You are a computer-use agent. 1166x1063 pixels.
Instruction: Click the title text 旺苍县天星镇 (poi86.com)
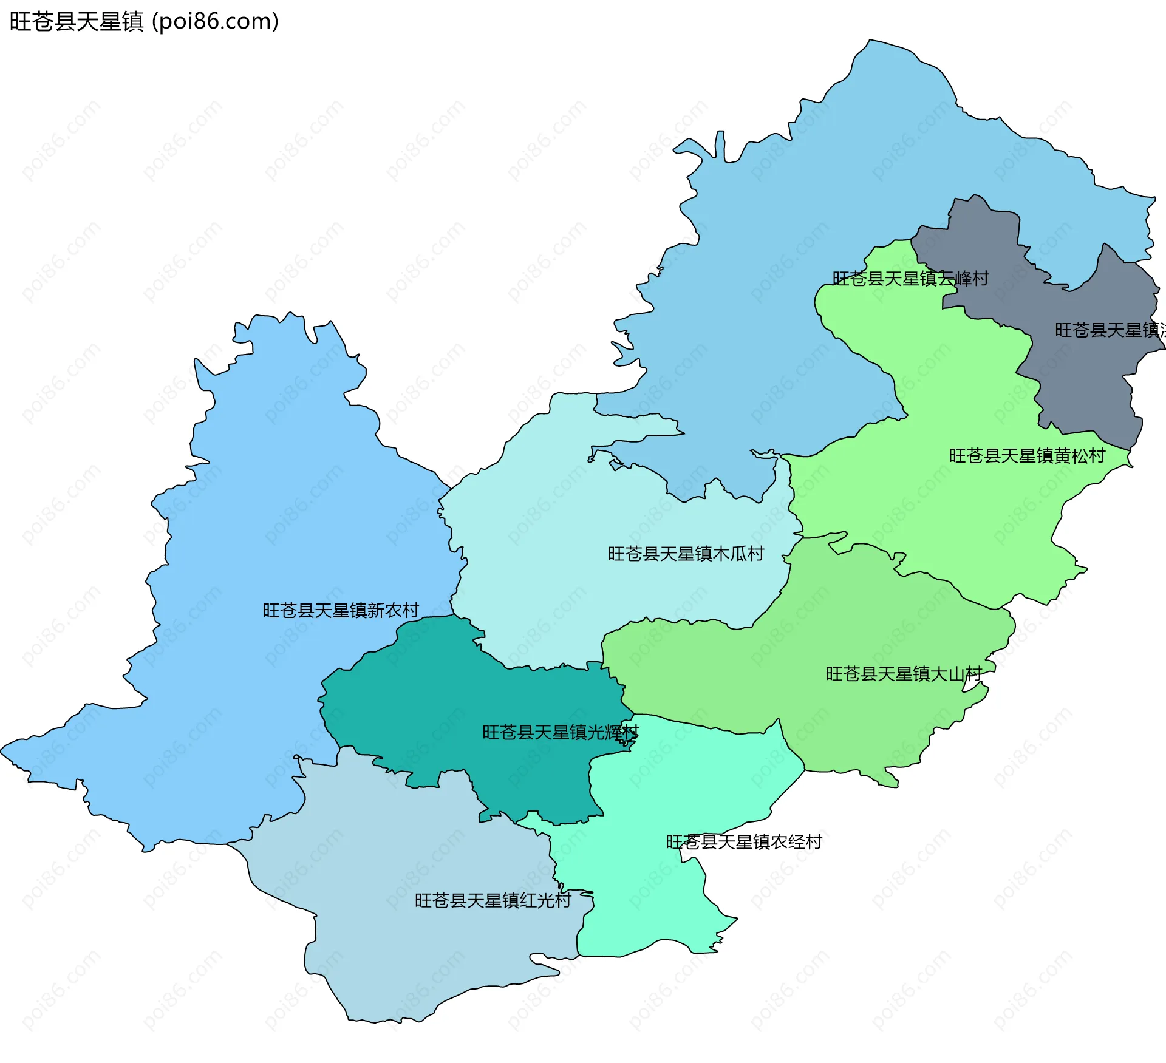point(144,22)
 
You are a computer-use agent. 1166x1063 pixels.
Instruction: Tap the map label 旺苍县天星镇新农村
point(340,610)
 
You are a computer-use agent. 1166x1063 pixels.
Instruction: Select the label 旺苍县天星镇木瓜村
point(686,554)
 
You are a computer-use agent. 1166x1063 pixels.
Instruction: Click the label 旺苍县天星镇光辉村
point(560,732)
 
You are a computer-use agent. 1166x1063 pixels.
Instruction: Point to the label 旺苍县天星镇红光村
point(493,900)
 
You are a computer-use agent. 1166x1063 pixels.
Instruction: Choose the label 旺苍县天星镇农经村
point(743,841)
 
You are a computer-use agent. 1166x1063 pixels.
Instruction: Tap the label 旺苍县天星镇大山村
point(903,674)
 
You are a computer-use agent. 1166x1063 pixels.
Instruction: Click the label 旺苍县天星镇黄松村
point(1026,456)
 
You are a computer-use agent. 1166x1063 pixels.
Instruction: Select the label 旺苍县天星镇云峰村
point(910,279)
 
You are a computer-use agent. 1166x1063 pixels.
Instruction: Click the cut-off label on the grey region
point(1109,330)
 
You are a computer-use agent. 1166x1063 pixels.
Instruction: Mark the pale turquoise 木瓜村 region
point(577,516)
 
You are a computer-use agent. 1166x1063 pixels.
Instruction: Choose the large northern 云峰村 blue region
point(850,182)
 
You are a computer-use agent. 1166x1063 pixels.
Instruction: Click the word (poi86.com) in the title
point(216,22)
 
